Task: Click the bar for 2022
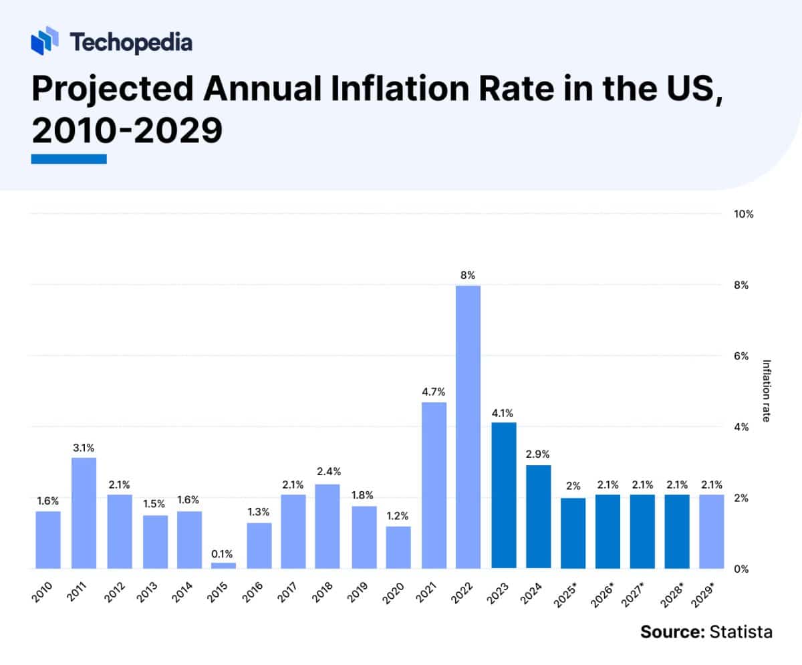pyautogui.click(x=469, y=428)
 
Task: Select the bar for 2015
pyautogui.click(x=223, y=565)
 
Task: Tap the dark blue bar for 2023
pyautogui.click(x=503, y=495)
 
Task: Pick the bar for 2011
pyautogui.click(x=84, y=513)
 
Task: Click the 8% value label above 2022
pyautogui.click(x=469, y=275)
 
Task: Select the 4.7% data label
pyautogui.click(x=433, y=391)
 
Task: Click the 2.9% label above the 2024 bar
pyautogui.click(x=538, y=454)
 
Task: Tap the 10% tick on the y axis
pyautogui.click(x=744, y=215)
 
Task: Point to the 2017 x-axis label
pyautogui.click(x=290, y=591)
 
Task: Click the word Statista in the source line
pyautogui.click(x=741, y=632)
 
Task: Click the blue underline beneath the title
pyautogui.click(x=69, y=159)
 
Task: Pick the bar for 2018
pyautogui.click(x=328, y=526)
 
